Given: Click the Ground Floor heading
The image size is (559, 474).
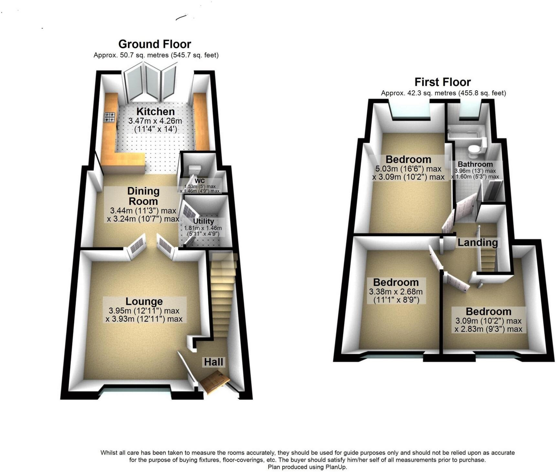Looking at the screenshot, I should tap(155, 44).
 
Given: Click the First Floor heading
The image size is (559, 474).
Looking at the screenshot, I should tap(442, 82).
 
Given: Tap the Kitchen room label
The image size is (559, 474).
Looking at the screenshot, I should tap(155, 112).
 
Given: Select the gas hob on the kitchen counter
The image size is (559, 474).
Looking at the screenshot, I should tap(110, 117).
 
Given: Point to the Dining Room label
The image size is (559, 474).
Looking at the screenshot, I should tap(143, 196).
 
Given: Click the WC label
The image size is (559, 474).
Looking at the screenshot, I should tap(200, 181).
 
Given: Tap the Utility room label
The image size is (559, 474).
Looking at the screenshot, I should tap(203, 221).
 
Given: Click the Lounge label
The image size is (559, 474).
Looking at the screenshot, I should tap(144, 302).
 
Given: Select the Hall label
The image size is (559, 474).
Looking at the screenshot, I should tap(213, 362).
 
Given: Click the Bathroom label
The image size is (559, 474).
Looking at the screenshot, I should tap(475, 164).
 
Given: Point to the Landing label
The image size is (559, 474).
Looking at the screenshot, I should tap(477, 242).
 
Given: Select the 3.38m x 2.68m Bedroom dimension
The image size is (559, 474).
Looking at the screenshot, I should tap(396, 292).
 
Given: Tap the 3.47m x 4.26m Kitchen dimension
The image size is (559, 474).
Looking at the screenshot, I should tap(155, 121).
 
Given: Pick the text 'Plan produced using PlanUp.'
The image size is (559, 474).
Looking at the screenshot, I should tap(307, 467).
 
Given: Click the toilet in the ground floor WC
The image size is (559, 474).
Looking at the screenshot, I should tap(195, 169).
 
